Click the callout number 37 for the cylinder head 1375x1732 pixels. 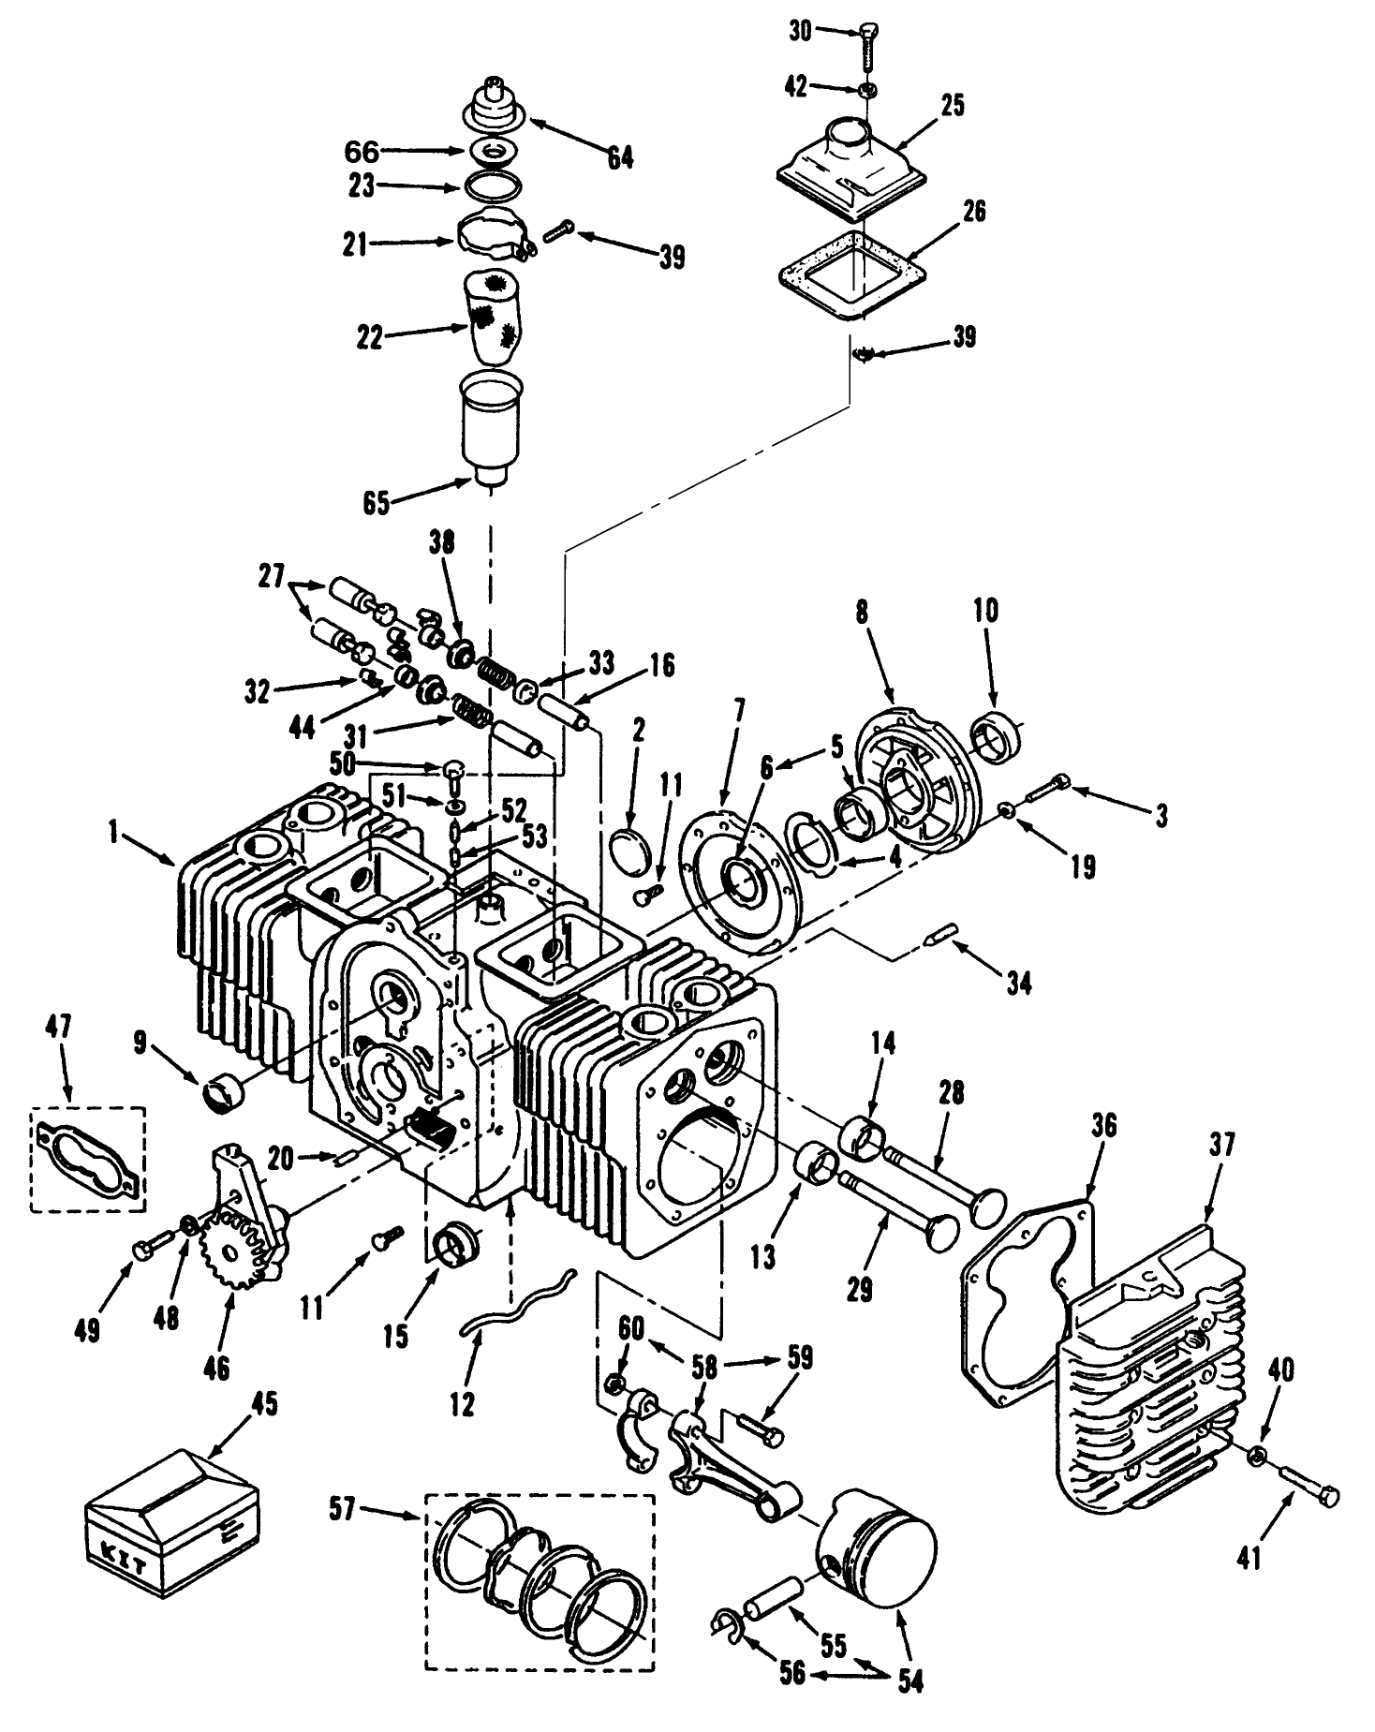[x=1220, y=1145]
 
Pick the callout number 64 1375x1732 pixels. [x=619, y=156]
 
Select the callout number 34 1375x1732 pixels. [x=1019, y=982]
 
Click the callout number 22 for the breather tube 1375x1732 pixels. [x=370, y=337]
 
